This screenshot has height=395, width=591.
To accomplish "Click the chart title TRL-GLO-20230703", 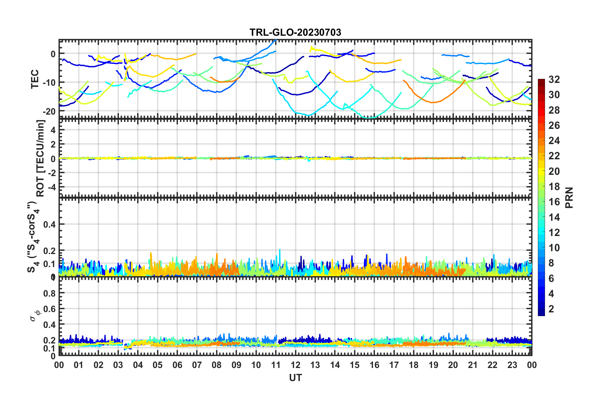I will (x=295, y=32).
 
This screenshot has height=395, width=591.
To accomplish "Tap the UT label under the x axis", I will (x=295, y=378).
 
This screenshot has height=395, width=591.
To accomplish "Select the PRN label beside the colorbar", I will (x=569, y=198).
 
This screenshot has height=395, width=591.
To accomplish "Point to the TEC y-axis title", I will (x=35, y=79).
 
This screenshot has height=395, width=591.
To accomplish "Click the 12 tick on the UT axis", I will (x=295, y=365).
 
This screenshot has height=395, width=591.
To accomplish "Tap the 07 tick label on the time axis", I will (x=197, y=365).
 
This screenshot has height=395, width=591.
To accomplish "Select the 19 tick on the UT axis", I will (x=433, y=365).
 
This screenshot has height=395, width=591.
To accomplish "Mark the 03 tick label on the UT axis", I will (x=118, y=365).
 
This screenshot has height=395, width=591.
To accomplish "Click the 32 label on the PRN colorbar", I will (x=554, y=79).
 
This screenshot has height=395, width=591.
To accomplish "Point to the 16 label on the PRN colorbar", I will (x=554, y=202).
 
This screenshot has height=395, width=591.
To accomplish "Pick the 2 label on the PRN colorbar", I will (x=551, y=309).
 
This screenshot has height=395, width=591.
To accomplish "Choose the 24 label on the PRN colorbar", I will (x=554, y=141).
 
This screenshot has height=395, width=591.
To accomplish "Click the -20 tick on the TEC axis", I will (x=49, y=111).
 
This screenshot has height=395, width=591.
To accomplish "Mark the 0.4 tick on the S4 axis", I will (x=49, y=224).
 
